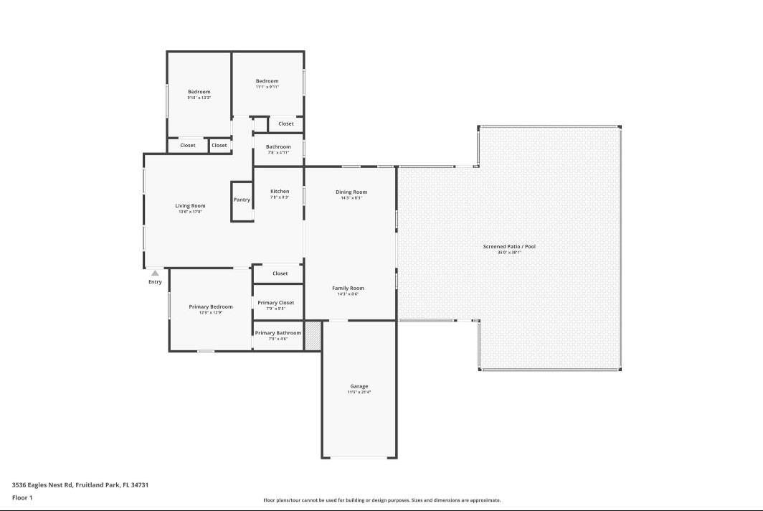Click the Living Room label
click(x=190, y=206)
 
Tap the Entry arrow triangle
click(x=155, y=273)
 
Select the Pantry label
click(x=242, y=200)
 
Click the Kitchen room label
click(x=280, y=191)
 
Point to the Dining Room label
click(x=351, y=192)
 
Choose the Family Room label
click(x=348, y=288)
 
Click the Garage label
click(x=359, y=386)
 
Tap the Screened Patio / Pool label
click(x=509, y=246)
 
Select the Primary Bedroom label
click(x=211, y=306)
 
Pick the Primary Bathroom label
click(x=278, y=333)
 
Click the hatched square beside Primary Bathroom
click(x=313, y=336)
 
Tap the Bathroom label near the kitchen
click(x=278, y=146)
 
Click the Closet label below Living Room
click(x=280, y=273)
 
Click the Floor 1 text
click(x=22, y=497)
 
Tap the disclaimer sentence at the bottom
click(x=382, y=500)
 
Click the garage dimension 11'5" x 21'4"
click(x=359, y=393)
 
